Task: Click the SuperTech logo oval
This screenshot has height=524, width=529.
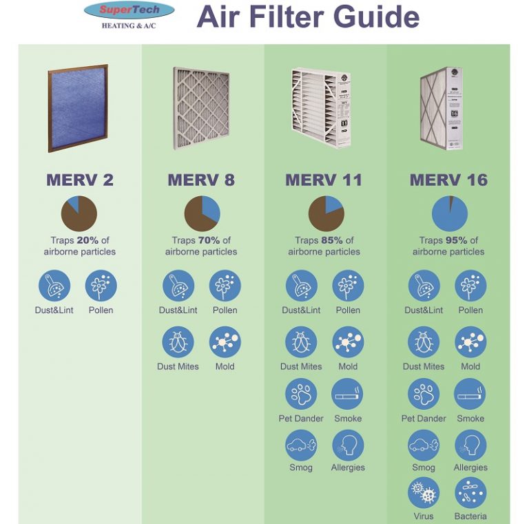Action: click(x=129, y=11)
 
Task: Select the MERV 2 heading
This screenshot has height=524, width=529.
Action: click(x=80, y=180)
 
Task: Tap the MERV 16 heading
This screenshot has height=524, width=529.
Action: click(x=448, y=180)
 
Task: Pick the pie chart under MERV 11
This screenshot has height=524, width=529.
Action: click(x=326, y=213)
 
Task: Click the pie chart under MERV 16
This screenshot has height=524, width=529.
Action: click(x=449, y=213)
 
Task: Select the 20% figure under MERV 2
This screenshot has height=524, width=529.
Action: click(x=88, y=240)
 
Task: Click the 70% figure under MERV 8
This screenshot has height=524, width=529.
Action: click(x=209, y=240)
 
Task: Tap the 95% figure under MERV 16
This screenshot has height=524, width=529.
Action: click(x=457, y=240)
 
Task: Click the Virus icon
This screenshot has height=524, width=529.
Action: click(x=424, y=493)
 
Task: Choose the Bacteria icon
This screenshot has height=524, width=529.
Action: click(x=470, y=493)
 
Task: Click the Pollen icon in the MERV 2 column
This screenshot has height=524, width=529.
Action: click(x=101, y=286)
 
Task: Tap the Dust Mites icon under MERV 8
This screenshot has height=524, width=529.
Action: click(x=178, y=342)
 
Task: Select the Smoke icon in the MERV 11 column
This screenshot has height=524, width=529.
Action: click(x=348, y=394)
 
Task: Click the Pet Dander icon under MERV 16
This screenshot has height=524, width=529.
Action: click(x=424, y=394)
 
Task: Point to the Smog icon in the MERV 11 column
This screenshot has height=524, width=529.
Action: click(x=301, y=446)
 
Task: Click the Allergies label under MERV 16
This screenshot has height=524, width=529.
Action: click(x=470, y=468)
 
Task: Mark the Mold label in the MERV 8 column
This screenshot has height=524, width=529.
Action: click(x=225, y=366)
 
